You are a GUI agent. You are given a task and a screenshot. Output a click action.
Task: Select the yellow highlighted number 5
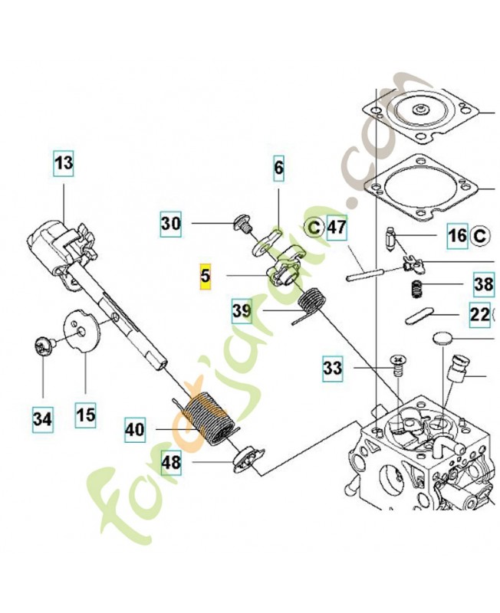click(205, 277)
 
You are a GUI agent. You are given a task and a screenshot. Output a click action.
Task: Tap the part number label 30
click(171, 224)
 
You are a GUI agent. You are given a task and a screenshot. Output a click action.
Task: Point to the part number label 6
click(278, 168)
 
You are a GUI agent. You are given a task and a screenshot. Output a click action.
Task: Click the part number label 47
click(337, 227)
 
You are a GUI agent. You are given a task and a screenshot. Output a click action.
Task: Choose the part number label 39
click(242, 311)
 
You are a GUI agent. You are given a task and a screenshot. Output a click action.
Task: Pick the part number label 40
click(135, 430)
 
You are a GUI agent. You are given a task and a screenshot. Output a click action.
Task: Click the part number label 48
click(171, 463)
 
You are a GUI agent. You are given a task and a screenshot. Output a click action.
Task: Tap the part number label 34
click(42, 419)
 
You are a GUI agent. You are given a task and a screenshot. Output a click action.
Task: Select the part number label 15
click(86, 415)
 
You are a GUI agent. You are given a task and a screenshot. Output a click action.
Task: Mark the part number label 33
click(333, 369)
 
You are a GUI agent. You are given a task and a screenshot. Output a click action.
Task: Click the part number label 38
click(484, 284)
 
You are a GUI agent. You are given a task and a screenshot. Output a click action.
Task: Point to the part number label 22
click(479, 315)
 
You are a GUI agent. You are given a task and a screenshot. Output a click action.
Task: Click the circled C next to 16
click(479, 236)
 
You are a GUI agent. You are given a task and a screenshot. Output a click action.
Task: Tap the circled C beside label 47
click(314, 227)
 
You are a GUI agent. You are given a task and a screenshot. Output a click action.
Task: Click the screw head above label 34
click(42, 346)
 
